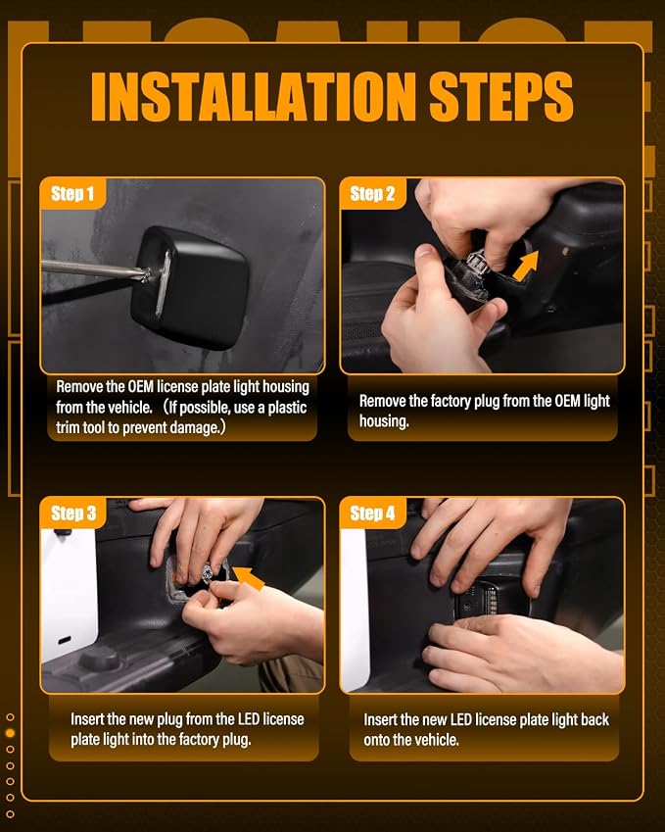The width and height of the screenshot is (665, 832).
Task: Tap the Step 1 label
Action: pyautogui.click(x=72, y=194)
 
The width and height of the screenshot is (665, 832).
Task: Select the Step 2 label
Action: pyautogui.click(x=372, y=194)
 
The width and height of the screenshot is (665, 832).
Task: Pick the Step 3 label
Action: pyautogui.click(x=73, y=514)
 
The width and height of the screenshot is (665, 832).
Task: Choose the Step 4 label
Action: pyautogui.click(x=372, y=514)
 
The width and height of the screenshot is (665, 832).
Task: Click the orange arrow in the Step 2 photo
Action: pyautogui.click(x=526, y=266)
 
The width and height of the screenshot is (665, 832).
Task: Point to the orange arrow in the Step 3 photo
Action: pyautogui.click(x=249, y=577)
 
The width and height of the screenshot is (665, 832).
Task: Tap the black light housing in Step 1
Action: pyautogui.click(x=190, y=287)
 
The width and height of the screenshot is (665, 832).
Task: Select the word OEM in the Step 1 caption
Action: pyautogui.click(x=140, y=386)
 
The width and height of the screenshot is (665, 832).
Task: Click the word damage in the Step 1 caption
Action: pyautogui.click(x=196, y=427)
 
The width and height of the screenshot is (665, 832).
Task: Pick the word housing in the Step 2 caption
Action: pyautogui.click(x=384, y=421)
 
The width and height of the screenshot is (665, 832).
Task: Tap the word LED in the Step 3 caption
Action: pyautogui.click(x=248, y=719)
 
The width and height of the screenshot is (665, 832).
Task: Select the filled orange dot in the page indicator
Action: pyautogui.click(x=10, y=733)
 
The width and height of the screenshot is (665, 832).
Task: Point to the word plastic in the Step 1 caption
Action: pyautogui.click(x=287, y=407)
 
